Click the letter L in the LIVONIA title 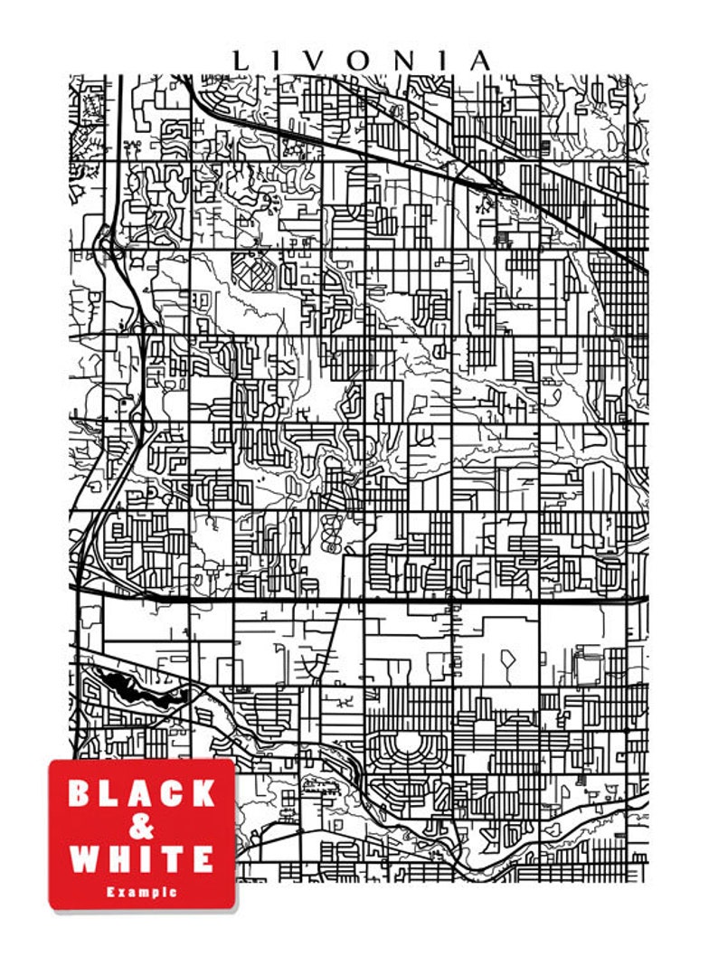(x=241, y=61)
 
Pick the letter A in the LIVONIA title (x=480, y=61)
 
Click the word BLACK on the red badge (x=142, y=793)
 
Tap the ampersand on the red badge (x=142, y=826)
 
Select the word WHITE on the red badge (x=142, y=858)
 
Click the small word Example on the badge (x=142, y=892)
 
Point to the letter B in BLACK (x=80, y=793)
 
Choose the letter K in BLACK (x=204, y=793)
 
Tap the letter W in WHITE (x=83, y=858)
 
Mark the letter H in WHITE (x=122, y=858)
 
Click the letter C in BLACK (x=173, y=793)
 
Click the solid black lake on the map (x=136, y=692)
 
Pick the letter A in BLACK (x=141, y=793)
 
